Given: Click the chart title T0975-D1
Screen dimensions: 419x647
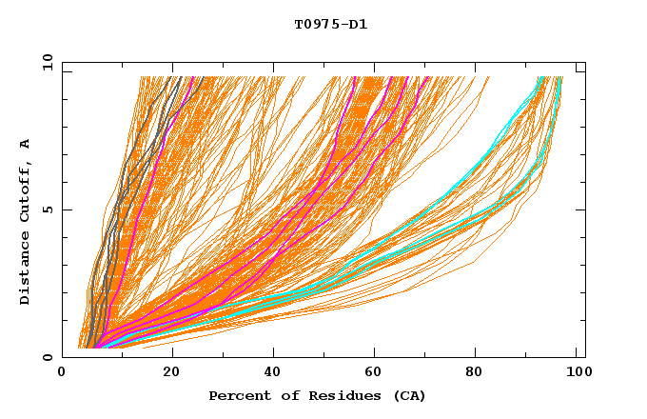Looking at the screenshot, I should (330, 25).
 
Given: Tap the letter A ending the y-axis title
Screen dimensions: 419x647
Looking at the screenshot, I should (25, 144).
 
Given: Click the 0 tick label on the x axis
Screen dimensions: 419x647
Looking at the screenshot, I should (63, 373).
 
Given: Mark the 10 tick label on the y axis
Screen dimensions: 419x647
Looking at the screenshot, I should (47, 62).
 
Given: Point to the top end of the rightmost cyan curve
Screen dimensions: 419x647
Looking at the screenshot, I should (559, 77).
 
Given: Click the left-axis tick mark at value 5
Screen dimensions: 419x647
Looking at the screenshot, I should (66, 209).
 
